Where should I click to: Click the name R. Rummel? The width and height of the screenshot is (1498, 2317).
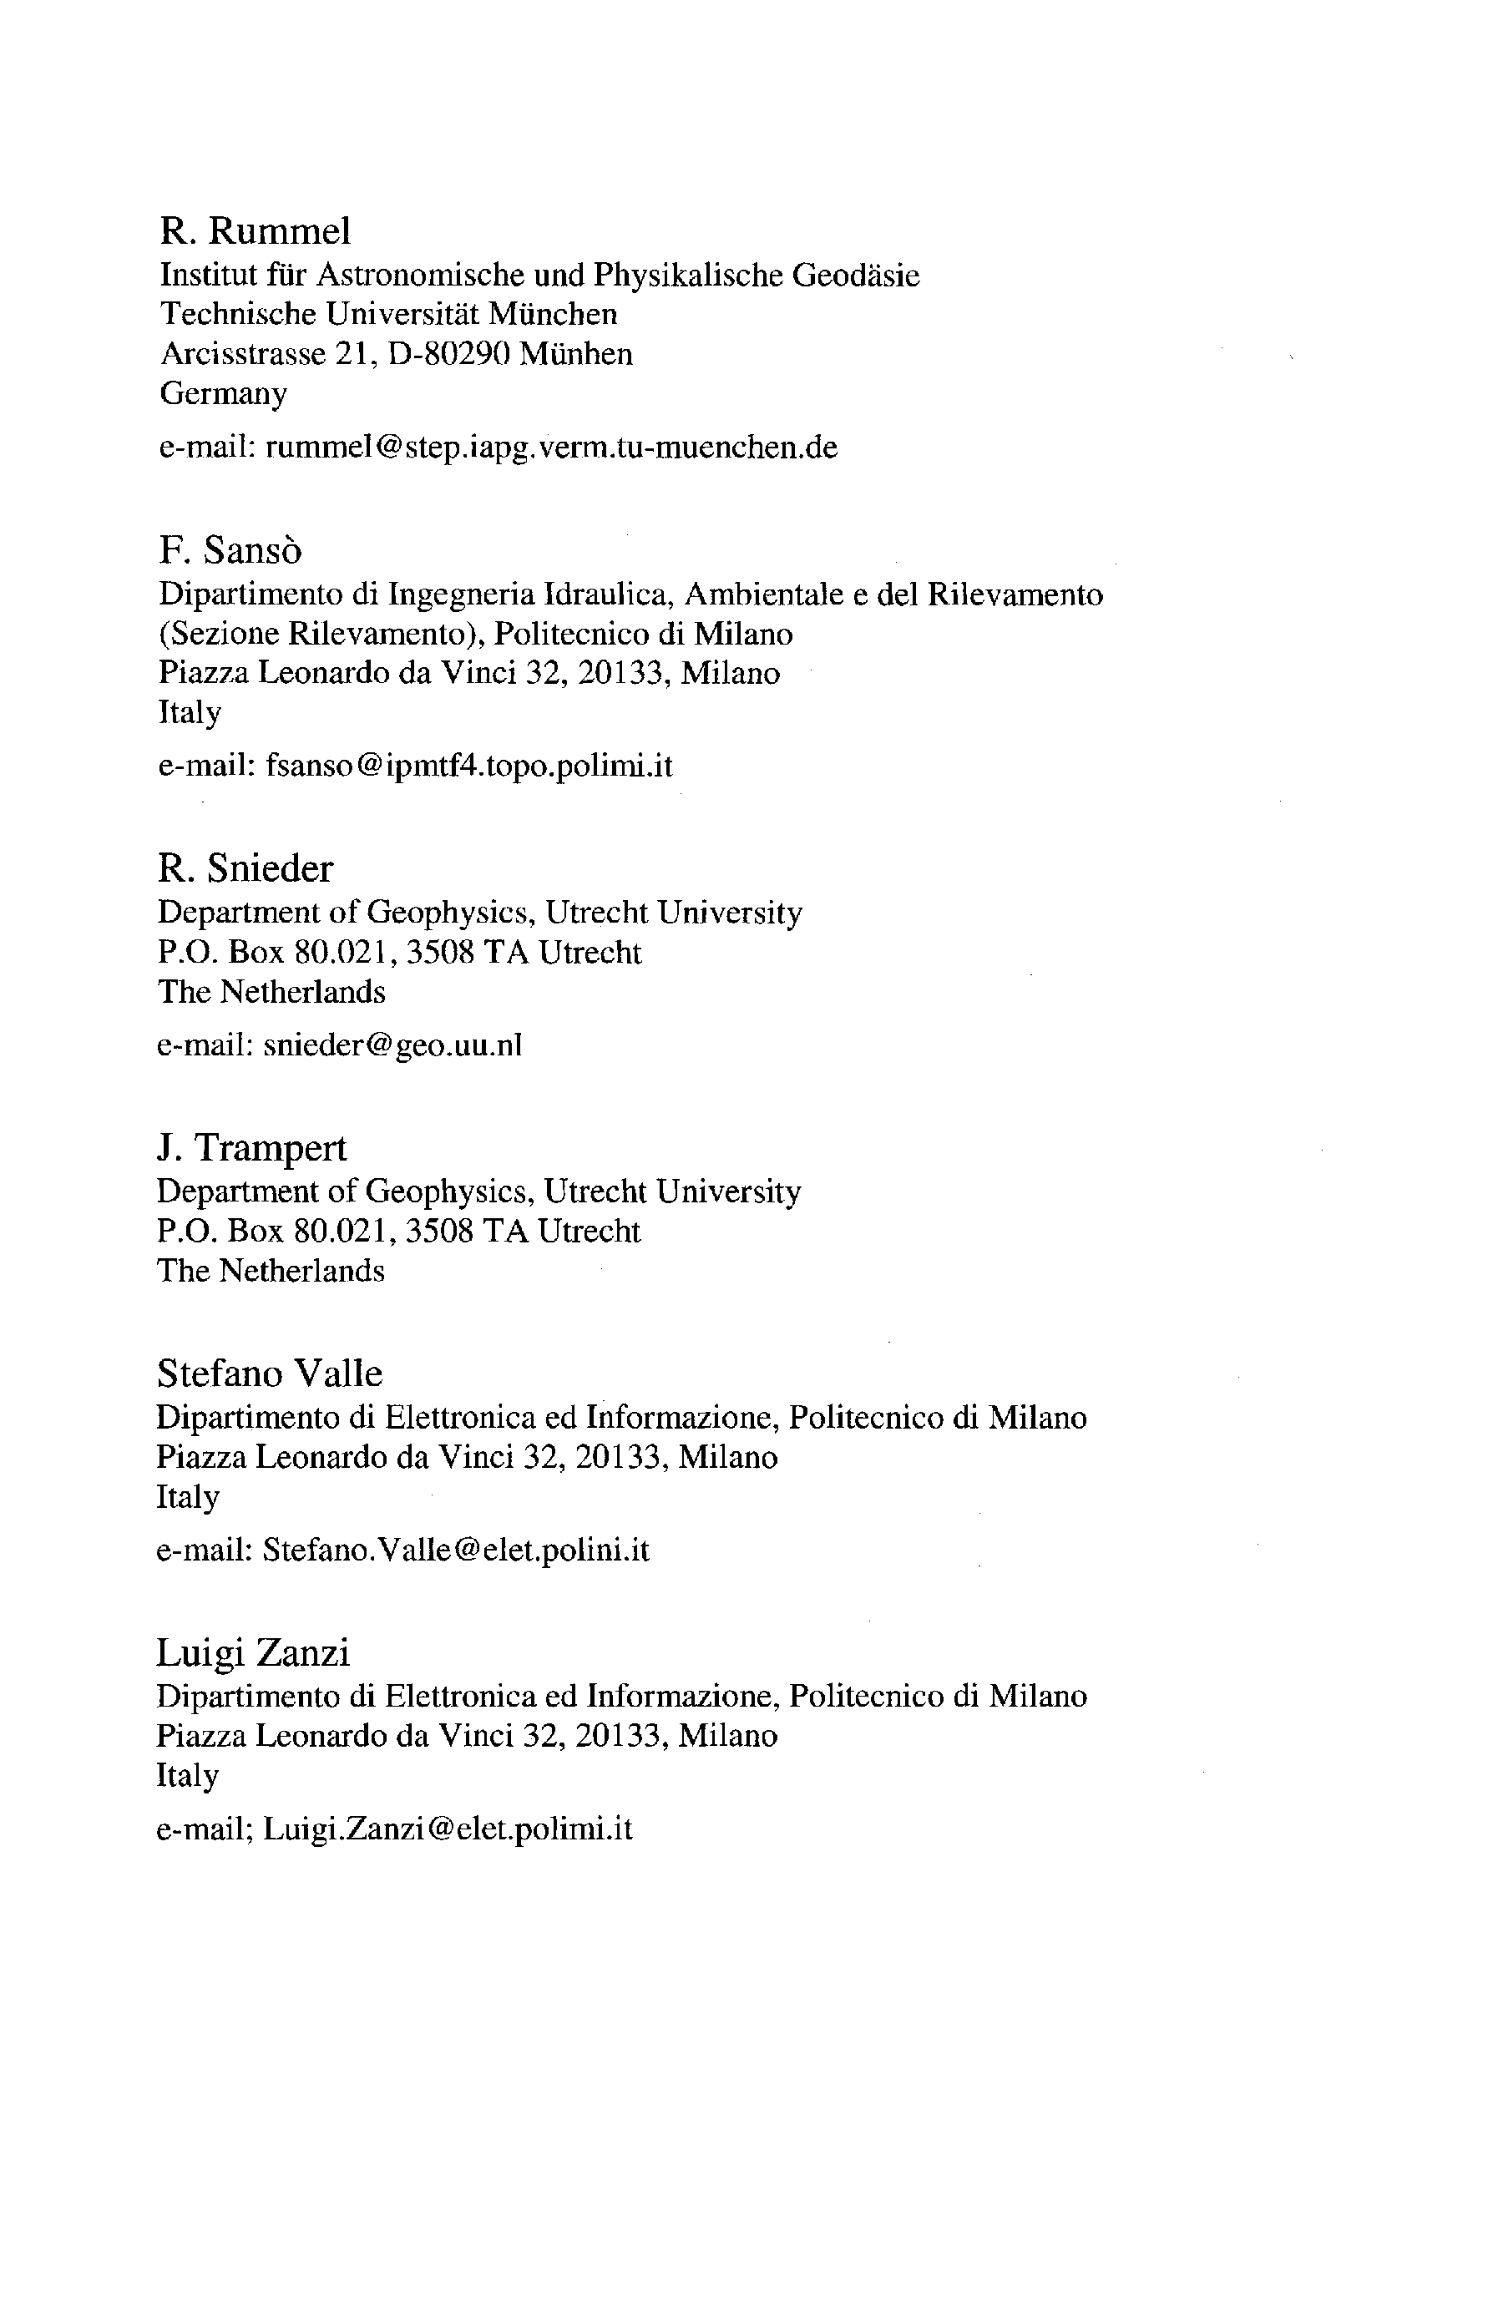pos(255,231)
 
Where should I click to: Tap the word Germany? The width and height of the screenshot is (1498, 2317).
pos(223,394)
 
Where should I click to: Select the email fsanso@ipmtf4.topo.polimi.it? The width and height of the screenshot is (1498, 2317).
pos(468,766)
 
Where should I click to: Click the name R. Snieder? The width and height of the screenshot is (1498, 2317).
pos(245,868)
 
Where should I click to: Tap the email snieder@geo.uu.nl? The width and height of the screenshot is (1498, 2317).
pos(393,1045)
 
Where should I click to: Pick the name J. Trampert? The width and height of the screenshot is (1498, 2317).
pos(251,1148)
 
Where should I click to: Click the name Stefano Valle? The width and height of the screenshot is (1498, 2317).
pos(270,1374)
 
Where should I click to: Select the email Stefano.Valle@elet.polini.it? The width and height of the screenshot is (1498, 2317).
pos(455,1550)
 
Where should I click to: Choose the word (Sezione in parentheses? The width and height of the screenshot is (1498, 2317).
pos(218,635)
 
